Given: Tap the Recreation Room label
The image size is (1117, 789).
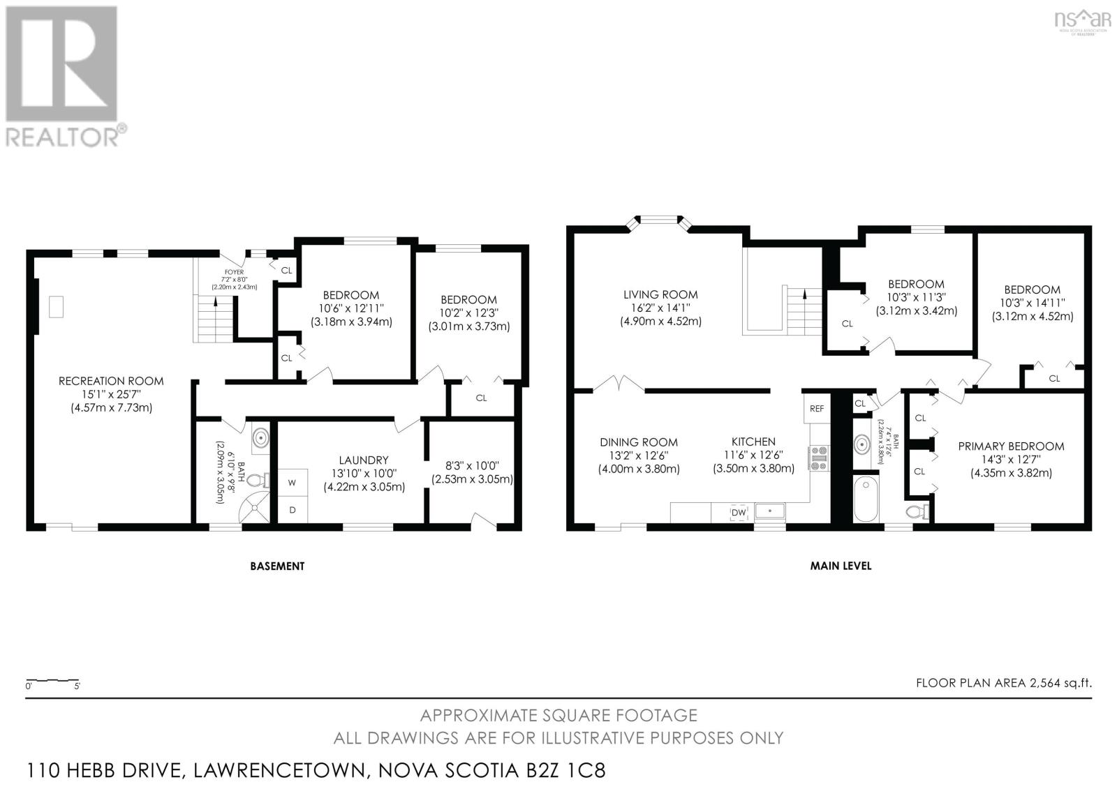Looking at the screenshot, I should pyautogui.click(x=111, y=381).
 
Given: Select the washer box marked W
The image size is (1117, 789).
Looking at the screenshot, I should pyautogui.click(x=292, y=482).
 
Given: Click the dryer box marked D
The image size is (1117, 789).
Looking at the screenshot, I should pyautogui.click(x=293, y=510).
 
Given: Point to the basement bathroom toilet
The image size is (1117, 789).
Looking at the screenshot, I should pyautogui.click(x=258, y=480).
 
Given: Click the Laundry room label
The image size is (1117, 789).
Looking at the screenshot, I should pyautogui.click(x=363, y=460).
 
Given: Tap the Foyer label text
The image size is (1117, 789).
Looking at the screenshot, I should pyautogui.click(x=234, y=272).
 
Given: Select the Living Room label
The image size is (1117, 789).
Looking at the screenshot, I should pyautogui.click(x=660, y=294).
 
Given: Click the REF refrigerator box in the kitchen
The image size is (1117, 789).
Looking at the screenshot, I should pyautogui.click(x=817, y=409).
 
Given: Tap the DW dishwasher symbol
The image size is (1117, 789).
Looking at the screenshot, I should pyautogui.click(x=738, y=513).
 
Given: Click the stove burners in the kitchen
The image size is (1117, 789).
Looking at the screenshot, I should pyautogui.click(x=818, y=458).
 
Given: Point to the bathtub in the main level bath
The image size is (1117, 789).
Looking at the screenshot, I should pyautogui.click(x=866, y=499).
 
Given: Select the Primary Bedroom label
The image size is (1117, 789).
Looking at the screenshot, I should pyautogui.click(x=1010, y=446).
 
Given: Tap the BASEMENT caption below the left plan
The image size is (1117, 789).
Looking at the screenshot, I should pyautogui.click(x=277, y=566).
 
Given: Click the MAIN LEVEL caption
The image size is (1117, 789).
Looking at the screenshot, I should pyautogui.click(x=841, y=566).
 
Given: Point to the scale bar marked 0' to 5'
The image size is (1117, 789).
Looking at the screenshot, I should pyautogui.click(x=52, y=680).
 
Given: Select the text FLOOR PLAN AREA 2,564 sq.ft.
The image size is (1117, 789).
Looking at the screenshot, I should pyautogui.click(x=1003, y=683).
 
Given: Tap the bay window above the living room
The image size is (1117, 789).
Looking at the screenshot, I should pyautogui.click(x=660, y=221).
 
